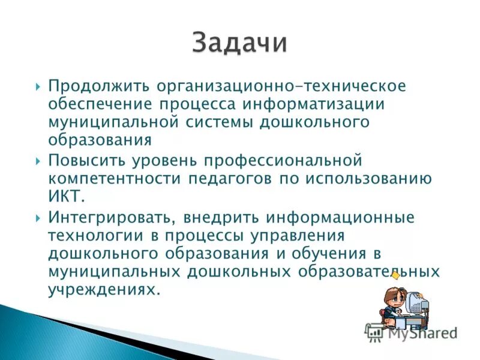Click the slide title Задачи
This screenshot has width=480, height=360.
240,43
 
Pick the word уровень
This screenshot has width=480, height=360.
161,161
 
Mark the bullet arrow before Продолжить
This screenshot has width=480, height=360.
38,86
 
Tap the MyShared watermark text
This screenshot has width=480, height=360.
420,332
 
